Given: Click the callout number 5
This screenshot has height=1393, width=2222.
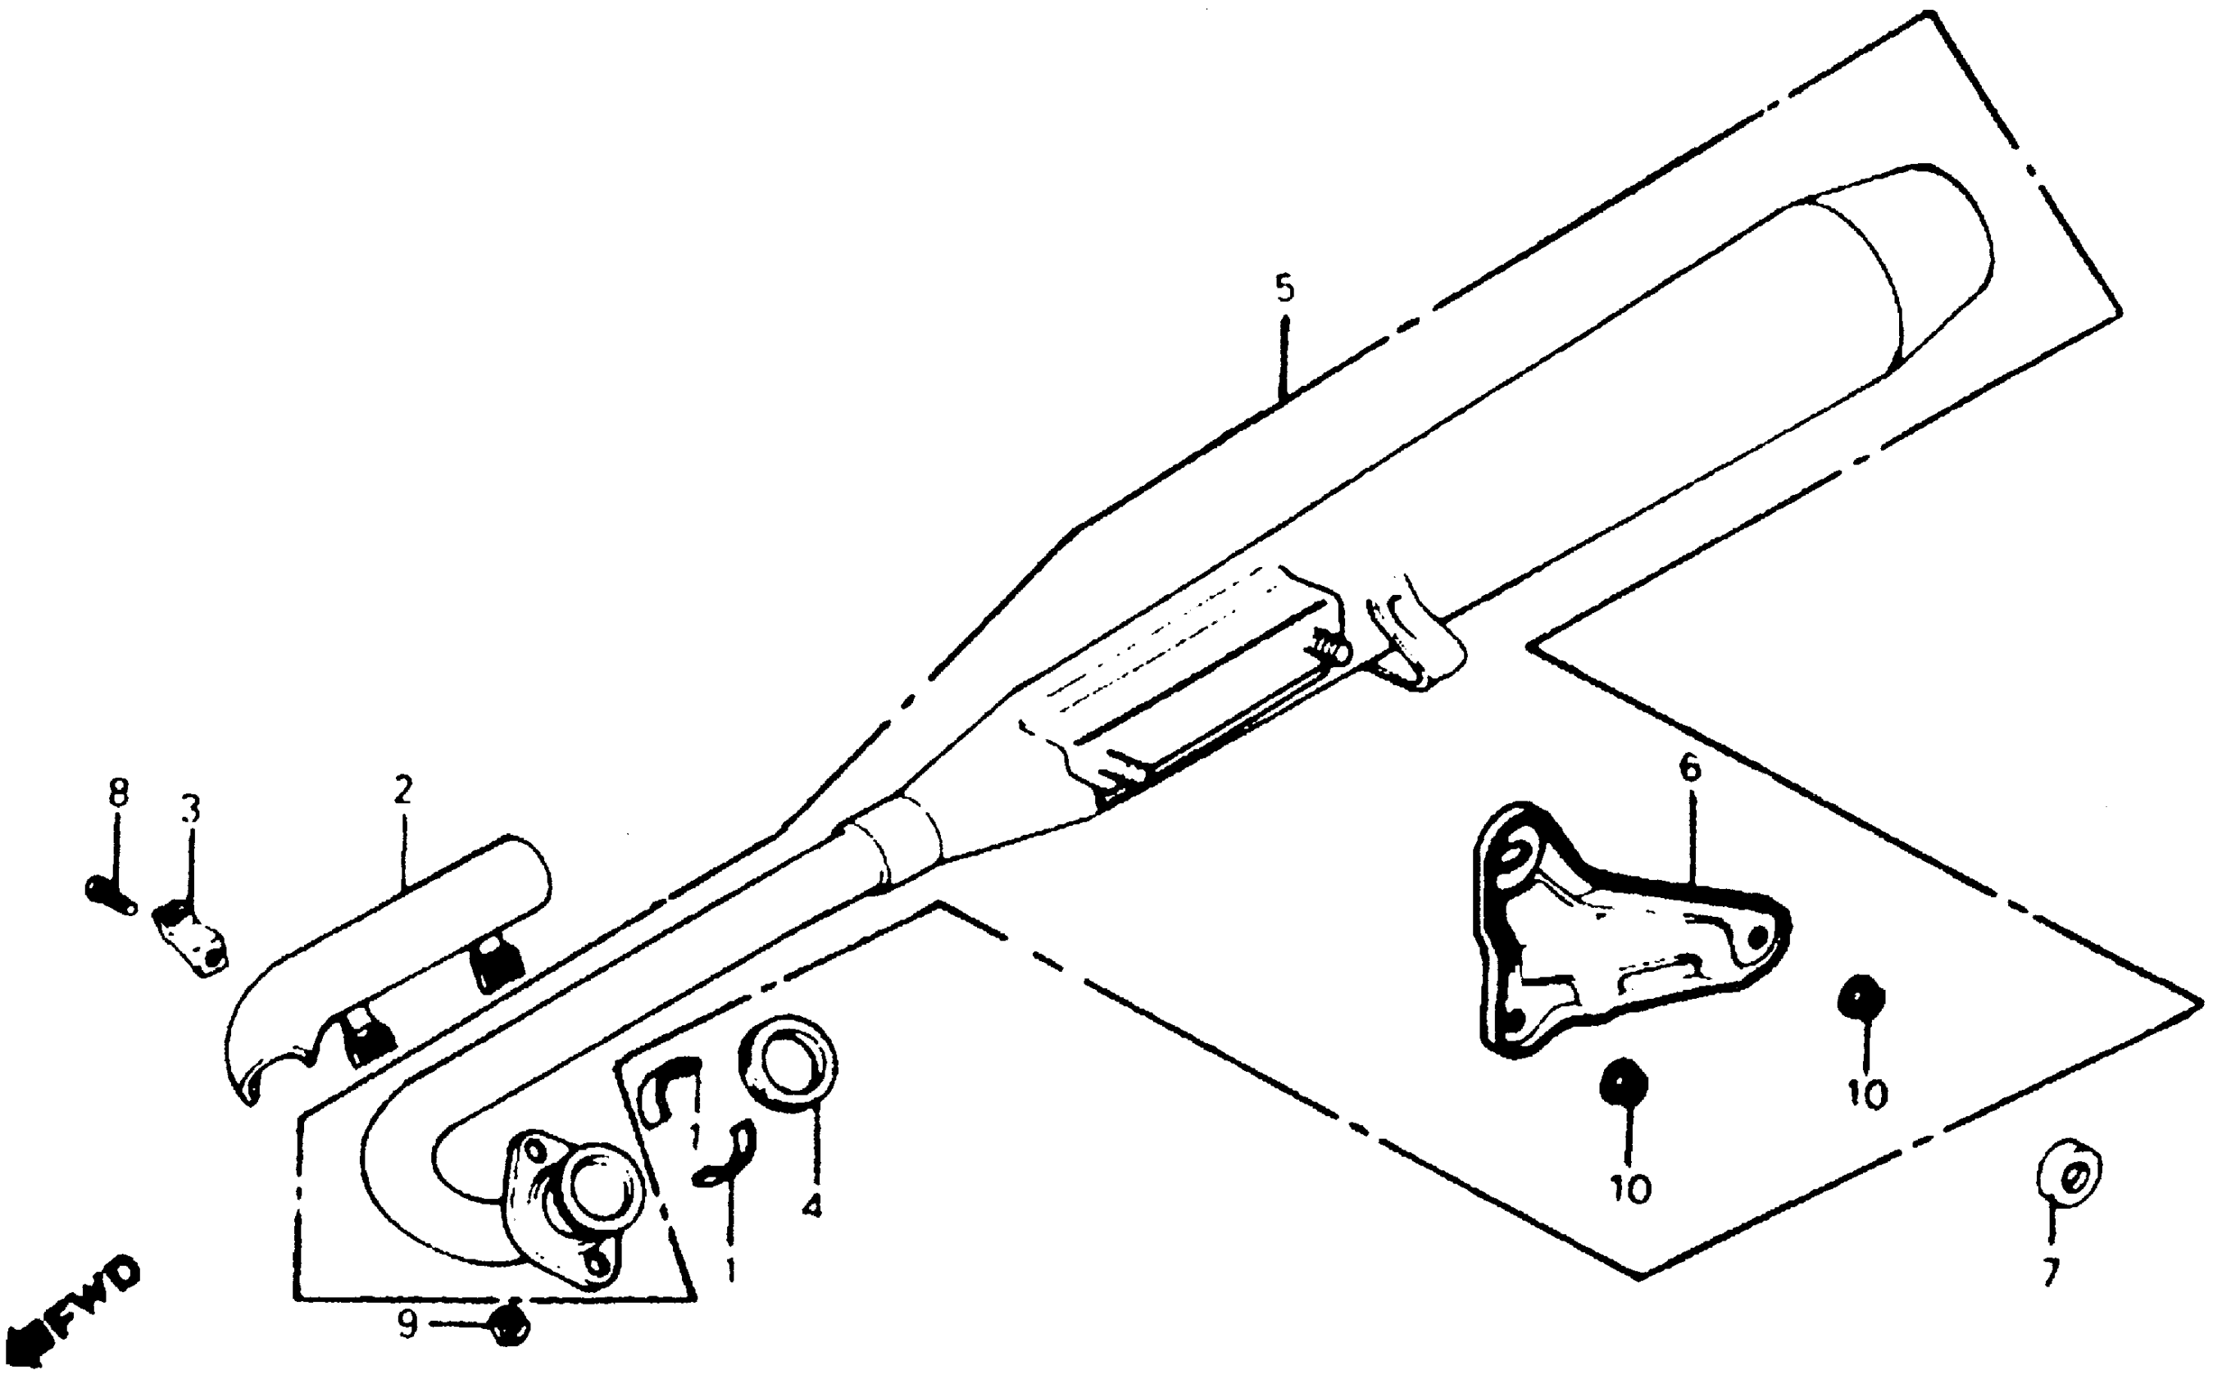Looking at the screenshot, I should coord(1284,289).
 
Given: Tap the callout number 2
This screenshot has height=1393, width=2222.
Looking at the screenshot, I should coord(402,791).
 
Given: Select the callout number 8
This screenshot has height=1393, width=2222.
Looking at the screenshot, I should coord(119,792).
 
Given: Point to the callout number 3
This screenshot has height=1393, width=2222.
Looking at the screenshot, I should coord(190,810).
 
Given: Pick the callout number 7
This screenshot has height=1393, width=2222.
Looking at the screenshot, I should coord(2049,1273).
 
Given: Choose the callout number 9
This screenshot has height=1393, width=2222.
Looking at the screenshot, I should coord(407,1325).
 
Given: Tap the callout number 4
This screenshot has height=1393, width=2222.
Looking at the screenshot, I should coord(811,1205).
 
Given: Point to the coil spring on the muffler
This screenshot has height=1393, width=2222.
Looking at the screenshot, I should coord(1326,646).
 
